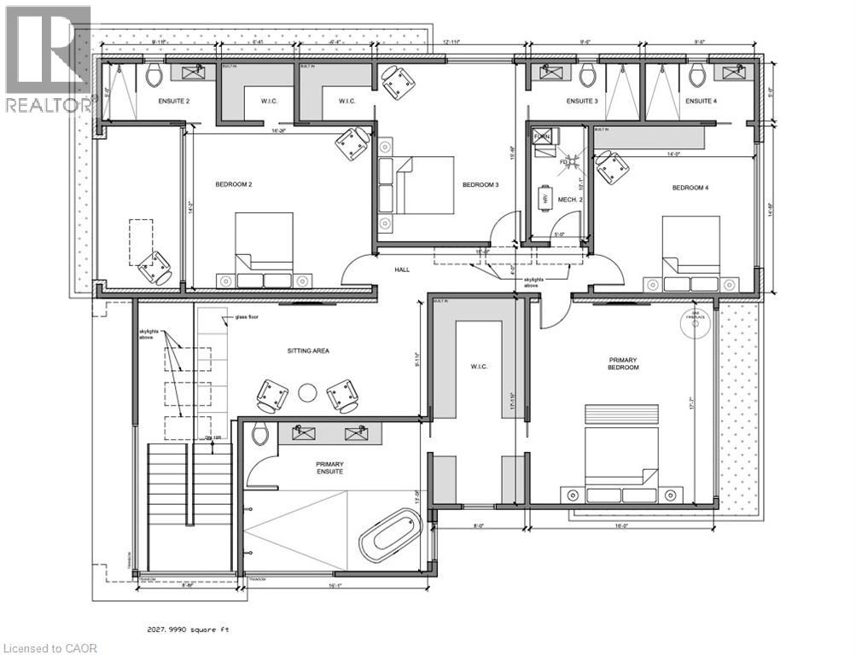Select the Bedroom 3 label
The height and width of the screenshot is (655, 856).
pyautogui.click(x=480, y=185)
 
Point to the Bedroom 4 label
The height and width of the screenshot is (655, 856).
pyautogui.click(x=690, y=188)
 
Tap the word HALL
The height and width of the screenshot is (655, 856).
pyautogui.click(x=402, y=270)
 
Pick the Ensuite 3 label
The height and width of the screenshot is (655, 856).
pyautogui.click(x=582, y=101)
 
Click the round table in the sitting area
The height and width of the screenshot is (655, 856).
pyautogui.click(x=307, y=393)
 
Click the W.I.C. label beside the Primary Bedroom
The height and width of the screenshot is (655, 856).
pyautogui.click(x=477, y=367)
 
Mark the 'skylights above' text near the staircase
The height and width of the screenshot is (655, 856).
pyautogui.click(x=150, y=334)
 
